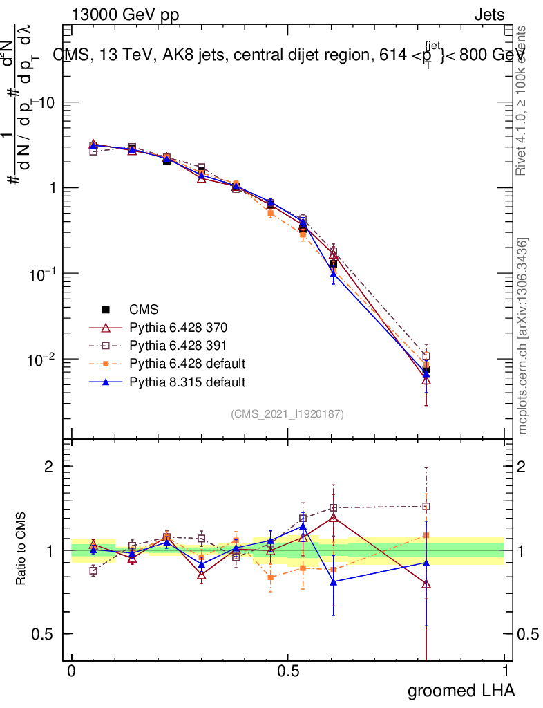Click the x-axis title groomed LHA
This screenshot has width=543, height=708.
[x=461, y=690]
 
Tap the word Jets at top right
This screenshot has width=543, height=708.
[x=489, y=15]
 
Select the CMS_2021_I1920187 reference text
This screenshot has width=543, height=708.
[x=287, y=413]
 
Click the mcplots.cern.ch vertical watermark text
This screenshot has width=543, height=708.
[x=523, y=337]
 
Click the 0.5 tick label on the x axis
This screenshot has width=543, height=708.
[x=288, y=671]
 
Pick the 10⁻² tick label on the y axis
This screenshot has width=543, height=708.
[x=40, y=360]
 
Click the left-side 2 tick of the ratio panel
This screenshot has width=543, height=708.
[x=50, y=467]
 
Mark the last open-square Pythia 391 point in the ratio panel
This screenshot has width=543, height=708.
[x=426, y=506]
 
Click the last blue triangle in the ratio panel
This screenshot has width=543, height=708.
[x=426, y=562]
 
